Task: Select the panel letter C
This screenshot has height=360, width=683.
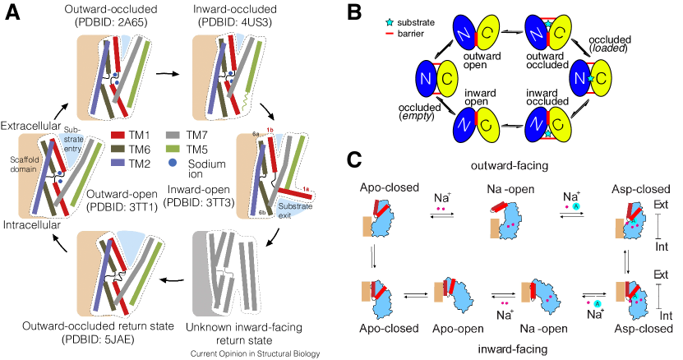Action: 354,159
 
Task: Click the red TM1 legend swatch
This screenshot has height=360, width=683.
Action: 118,136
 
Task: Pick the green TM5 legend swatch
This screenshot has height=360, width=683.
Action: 174,150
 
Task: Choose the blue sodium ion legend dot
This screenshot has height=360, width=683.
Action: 173,163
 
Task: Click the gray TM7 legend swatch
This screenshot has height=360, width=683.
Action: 174,136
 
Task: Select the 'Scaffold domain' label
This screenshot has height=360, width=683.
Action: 25,164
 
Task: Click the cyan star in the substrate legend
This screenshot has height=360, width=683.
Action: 390,22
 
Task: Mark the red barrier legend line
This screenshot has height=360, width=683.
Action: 390,34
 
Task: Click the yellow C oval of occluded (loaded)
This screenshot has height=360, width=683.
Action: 601,77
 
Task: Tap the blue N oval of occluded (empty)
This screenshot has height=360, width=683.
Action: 427,78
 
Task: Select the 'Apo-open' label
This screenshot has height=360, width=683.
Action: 458,329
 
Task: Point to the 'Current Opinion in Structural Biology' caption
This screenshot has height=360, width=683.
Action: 256,353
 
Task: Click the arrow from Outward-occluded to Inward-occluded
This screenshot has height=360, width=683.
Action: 168,73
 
